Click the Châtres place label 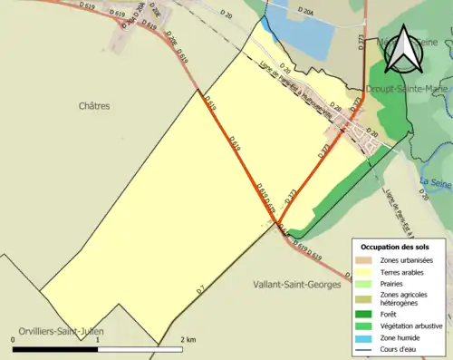tap(93, 106)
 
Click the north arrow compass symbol tap(402, 52)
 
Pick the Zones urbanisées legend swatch tap(364, 261)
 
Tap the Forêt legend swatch tap(364, 316)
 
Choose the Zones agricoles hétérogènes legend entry tap(404, 299)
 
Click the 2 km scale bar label tap(187, 338)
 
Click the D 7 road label tap(200, 289)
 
